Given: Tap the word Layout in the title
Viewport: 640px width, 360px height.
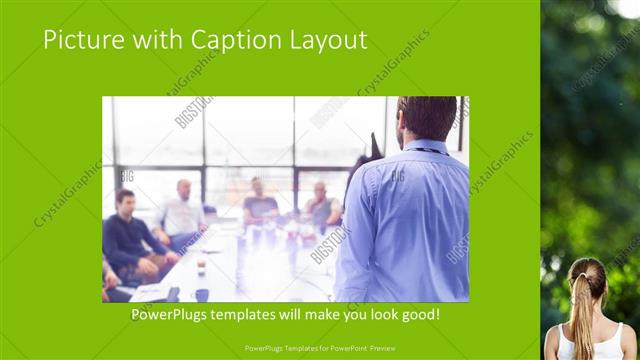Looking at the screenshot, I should (x=324, y=40).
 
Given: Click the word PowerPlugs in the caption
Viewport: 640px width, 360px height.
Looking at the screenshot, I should (x=175, y=315).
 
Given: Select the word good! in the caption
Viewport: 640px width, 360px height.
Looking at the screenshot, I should (x=418, y=315).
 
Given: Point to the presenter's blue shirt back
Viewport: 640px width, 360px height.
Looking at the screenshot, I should (x=405, y=220).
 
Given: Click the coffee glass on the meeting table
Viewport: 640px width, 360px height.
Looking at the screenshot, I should (x=201, y=264).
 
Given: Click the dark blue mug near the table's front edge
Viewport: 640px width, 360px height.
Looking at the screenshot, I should (x=202, y=294).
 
